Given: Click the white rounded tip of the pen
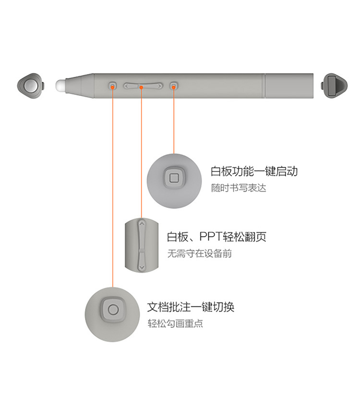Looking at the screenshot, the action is (60, 85).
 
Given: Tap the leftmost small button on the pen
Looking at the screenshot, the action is (113, 85).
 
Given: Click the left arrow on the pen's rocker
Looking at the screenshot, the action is (126, 86).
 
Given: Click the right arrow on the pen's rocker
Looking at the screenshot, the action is (159, 86).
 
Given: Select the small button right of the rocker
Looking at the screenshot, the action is (173, 85).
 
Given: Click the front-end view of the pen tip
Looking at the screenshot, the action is (31, 86).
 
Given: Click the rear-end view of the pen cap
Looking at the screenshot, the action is (334, 86).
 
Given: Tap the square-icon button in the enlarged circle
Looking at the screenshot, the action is (174, 178).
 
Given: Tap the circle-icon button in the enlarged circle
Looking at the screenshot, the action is (113, 310).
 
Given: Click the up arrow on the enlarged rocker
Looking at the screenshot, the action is (142, 223).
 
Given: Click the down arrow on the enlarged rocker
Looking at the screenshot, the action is (142, 267).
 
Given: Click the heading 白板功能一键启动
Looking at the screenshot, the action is (254, 171).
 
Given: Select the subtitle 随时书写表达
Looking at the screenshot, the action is (239, 188).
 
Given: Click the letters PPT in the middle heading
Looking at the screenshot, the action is (210, 236).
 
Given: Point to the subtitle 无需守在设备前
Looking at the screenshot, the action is (200, 253).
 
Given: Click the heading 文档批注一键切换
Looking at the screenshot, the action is (191, 307).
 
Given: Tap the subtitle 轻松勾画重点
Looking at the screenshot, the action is (175, 323).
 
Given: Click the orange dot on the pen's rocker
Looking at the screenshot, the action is (141, 87).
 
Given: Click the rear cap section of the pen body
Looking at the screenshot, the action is (289, 86).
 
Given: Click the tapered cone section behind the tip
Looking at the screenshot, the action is (79, 85).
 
